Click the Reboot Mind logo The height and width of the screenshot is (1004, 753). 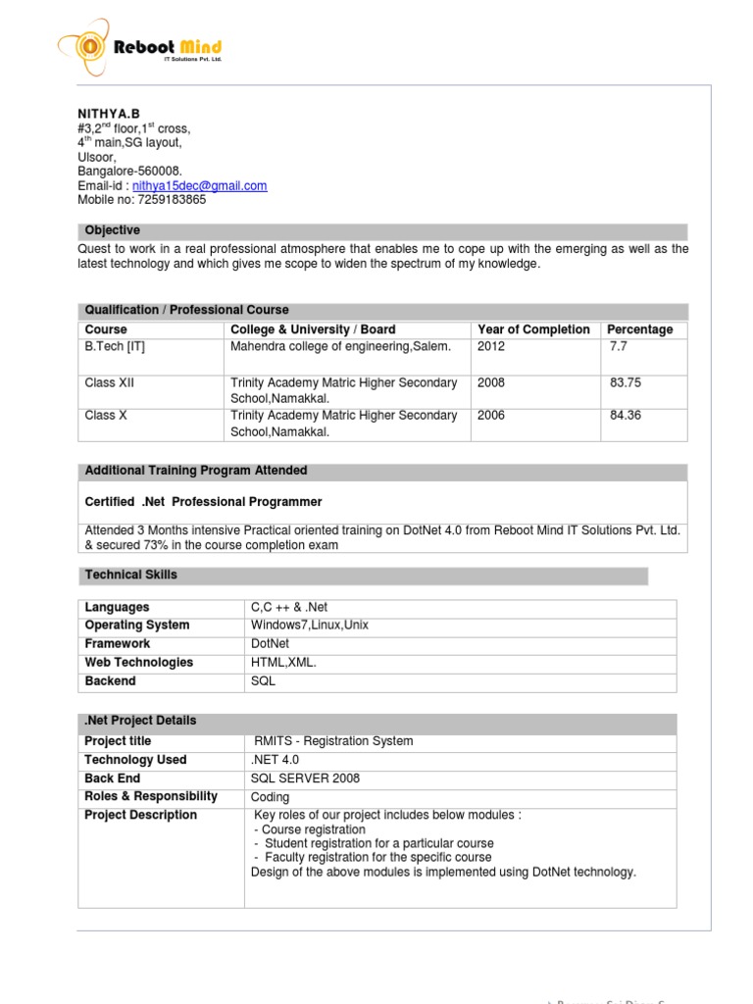[140, 46]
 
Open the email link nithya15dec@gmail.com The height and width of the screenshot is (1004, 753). [200, 185]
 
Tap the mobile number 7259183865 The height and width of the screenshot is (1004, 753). [173, 199]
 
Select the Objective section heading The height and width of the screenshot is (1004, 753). [113, 230]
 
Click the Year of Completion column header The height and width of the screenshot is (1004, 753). [533, 329]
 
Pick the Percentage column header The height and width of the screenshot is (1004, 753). [639, 329]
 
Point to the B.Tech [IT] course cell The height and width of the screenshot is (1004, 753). [115, 346]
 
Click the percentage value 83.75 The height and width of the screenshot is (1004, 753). [626, 382]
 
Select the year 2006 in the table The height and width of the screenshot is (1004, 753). [491, 416]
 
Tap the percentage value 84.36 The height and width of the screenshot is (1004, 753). [626, 416]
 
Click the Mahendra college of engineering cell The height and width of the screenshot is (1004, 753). [340, 346]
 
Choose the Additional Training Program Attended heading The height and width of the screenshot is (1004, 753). [196, 471]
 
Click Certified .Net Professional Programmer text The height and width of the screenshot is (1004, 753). [204, 502]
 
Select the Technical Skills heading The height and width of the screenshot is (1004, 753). [131, 575]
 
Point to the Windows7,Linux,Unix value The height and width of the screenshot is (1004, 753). [310, 626]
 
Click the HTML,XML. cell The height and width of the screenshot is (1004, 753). [285, 663]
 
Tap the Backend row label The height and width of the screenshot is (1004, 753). [111, 681]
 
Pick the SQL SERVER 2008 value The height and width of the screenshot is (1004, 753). [306, 778]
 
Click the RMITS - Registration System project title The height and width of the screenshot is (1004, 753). [333, 741]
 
